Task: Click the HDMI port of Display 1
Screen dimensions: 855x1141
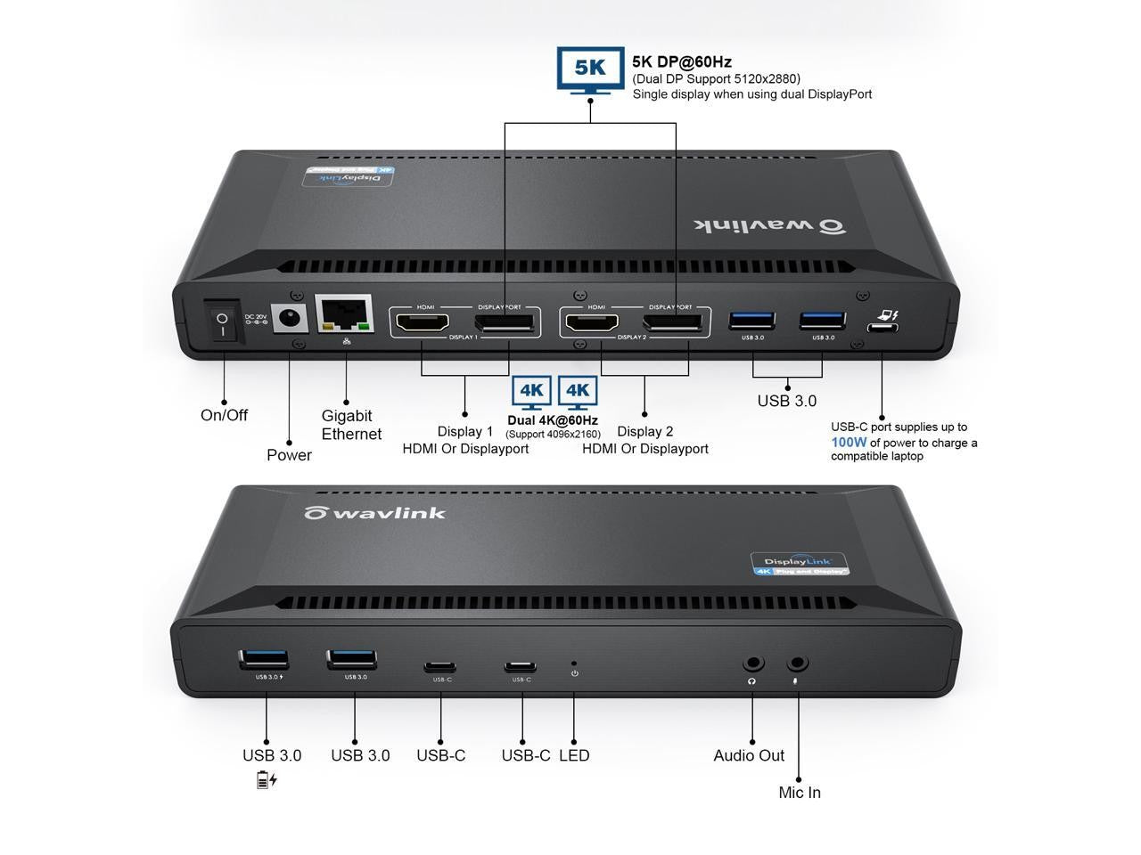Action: [423, 324]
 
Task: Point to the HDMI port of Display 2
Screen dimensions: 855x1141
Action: [595, 324]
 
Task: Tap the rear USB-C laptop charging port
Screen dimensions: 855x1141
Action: [882, 327]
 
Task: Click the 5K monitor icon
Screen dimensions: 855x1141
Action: [589, 68]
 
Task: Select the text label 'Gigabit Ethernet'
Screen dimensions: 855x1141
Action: [351, 425]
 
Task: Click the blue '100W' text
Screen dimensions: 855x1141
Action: [849, 442]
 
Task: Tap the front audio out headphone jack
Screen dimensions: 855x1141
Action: [753, 664]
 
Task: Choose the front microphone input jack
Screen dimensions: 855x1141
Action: [797, 664]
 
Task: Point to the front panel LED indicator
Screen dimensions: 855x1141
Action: [573, 664]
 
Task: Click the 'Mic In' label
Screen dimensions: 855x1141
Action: [800, 793]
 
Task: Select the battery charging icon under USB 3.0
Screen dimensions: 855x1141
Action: [267, 780]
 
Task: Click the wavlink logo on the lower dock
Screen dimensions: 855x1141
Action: [374, 513]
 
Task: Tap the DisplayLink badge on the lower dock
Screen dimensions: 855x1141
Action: [799, 565]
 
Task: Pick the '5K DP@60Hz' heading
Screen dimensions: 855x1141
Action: [682, 61]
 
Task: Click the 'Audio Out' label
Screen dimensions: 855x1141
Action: [749, 755]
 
